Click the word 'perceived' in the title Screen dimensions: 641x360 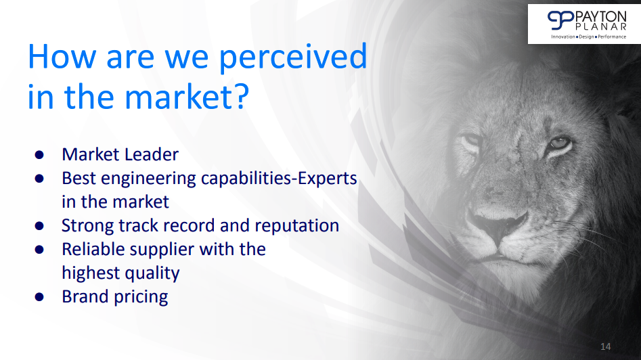pyautogui.click(x=293, y=58)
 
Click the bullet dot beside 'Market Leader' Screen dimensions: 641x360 pyautogui.click(x=39, y=154)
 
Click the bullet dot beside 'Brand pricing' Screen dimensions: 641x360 pyautogui.click(x=39, y=296)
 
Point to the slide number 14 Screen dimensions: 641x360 pyautogui.click(x=605, y=346)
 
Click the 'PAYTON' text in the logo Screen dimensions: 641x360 pyautogui.click(x=600, y=17)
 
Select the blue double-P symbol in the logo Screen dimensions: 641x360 pyautogui.click(x=561, y=20)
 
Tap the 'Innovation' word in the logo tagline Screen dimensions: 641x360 pyautogui.click(x=563, y=37)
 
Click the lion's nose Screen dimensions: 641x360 pyautogui.click(x=498, y=223)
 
